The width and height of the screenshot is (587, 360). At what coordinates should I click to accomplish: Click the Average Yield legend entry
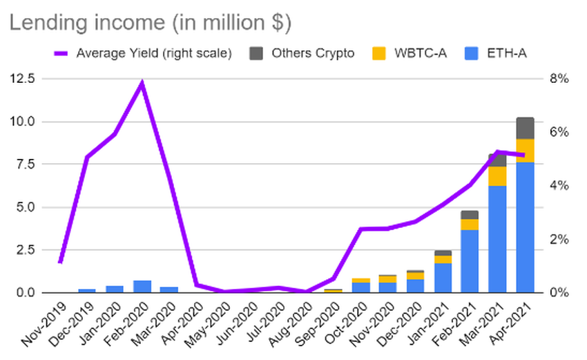point(153,53)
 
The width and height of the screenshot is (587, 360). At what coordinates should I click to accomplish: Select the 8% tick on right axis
point(558,79)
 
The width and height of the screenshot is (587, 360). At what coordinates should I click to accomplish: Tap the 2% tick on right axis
point(558,239)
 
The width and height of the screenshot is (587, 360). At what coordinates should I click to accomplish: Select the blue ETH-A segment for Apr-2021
point(525,228)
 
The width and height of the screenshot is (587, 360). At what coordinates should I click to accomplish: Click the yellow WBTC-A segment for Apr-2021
point(525,151)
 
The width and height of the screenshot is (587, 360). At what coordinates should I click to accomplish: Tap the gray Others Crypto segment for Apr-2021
point(525,129)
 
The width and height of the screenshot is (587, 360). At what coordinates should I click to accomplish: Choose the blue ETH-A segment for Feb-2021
point(470,261)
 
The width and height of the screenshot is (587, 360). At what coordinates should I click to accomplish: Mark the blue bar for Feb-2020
point(142,286)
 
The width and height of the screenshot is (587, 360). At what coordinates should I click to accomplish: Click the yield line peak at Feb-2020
point(142,84)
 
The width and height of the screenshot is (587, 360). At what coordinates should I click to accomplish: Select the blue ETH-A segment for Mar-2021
point(497,239)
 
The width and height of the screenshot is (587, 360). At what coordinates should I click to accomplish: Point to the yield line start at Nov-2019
point(61,262)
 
